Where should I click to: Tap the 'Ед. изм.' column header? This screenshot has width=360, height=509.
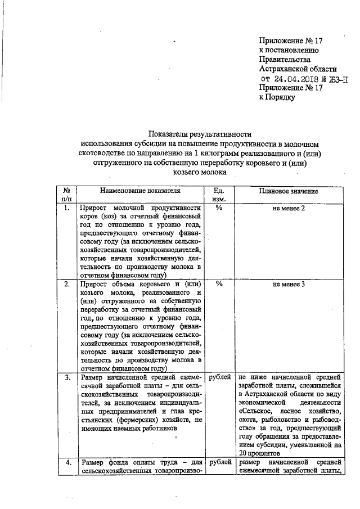point(219,195)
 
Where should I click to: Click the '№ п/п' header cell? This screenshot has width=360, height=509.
point(66,195)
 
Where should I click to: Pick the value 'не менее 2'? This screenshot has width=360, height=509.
point(289,208)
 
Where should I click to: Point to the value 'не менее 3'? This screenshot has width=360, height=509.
point(289,284)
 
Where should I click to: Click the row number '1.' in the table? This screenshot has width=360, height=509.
point(66,208)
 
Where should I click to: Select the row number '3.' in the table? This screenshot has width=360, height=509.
point(66,377)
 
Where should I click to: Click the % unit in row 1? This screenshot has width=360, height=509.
point(219,208)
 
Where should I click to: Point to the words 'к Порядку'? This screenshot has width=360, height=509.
point(277,97)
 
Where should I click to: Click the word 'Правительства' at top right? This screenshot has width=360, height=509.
point(284,59)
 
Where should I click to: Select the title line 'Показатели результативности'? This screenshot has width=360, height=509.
point(200,134)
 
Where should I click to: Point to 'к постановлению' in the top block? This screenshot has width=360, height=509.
point(289,50)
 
